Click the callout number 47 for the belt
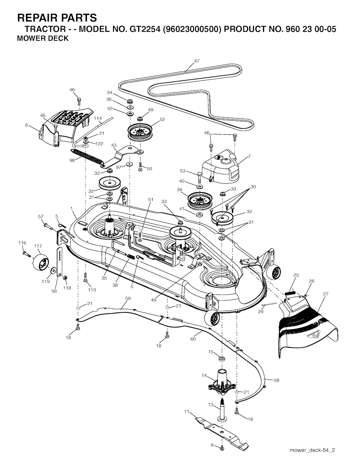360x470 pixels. tap(197, 61)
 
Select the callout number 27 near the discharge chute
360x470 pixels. tap(326, 294)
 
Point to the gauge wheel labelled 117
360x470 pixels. tap(40, 262)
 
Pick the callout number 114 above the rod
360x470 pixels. tap(98, 119)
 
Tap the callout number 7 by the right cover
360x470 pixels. tap(249, 156)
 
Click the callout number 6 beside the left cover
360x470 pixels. tap(27, 125)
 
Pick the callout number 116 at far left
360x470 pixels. tap(22, 243)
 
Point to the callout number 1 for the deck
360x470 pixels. tap(71, 208)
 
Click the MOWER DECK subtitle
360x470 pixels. tap(43, 38)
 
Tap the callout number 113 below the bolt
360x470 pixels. tap(92, 290)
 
